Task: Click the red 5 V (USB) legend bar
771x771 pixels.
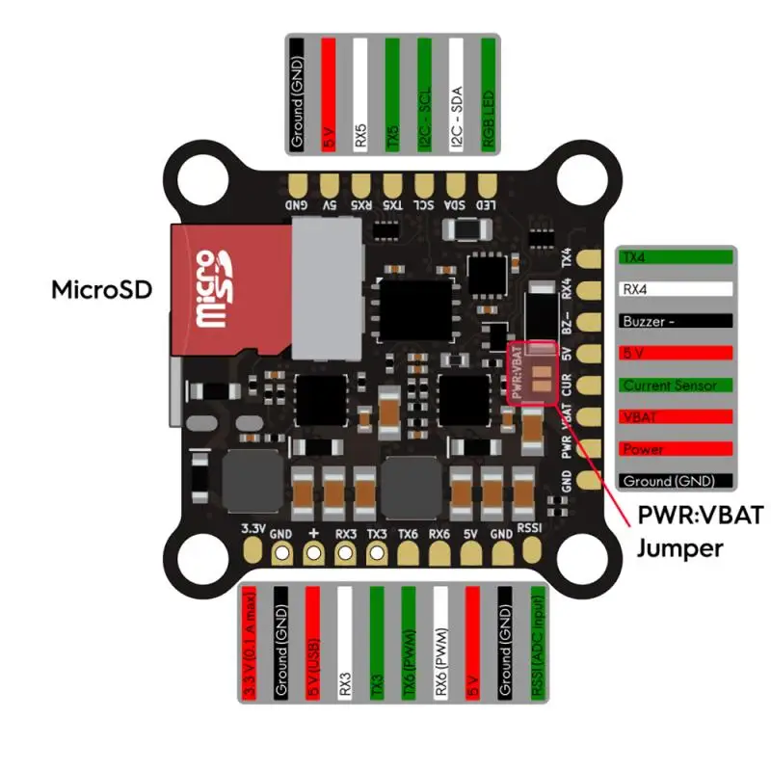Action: [312, 643]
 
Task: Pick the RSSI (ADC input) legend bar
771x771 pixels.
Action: [535, 643]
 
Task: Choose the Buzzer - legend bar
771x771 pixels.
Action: [676, 321]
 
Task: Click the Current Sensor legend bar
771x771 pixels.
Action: [676, 385]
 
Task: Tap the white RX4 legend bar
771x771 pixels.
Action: [676, 288]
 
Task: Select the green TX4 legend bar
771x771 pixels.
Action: [676, 257]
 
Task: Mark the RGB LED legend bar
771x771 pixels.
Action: [488, 93]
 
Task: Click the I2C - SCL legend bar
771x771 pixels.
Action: [424, 93]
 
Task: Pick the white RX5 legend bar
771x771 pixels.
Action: [360, 93]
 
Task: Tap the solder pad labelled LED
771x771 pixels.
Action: [488, 183]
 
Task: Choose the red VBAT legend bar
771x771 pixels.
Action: [676, 416]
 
